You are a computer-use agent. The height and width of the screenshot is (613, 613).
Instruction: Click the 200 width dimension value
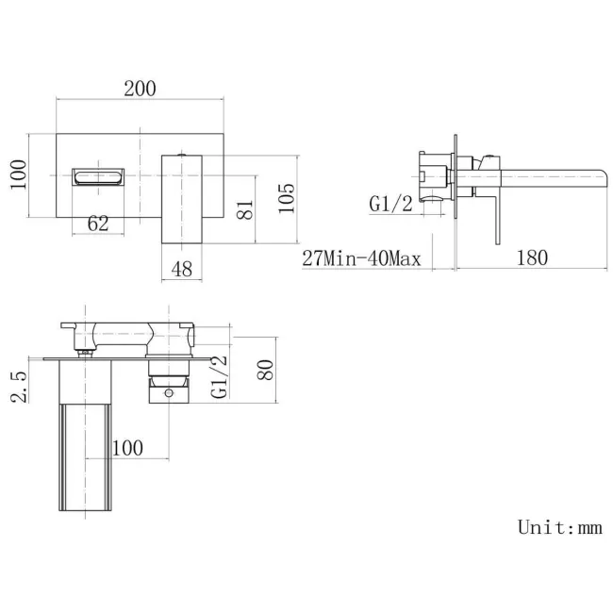[x=139, y=89]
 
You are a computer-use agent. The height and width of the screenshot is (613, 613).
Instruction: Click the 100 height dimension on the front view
[x=17, y=175]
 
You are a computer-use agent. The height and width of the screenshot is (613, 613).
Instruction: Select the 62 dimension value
[x=98, y=223]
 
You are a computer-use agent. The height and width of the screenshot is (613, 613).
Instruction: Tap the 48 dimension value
[x=182, y=270]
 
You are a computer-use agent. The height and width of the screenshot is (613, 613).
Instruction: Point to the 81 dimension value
[x=244, y=208]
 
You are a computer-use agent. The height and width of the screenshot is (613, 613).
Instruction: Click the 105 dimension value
[x=288, y=199]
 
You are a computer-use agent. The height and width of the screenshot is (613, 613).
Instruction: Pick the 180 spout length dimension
[x=532, y=257]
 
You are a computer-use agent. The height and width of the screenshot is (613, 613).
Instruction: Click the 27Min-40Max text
[x=361, y=258]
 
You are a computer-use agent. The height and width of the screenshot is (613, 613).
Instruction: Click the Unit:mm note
[x=559, y=527]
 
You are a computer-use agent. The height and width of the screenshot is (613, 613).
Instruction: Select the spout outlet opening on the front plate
[x=98, y=176]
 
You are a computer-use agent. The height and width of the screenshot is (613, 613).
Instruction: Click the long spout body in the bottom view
[x=86, y=443]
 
